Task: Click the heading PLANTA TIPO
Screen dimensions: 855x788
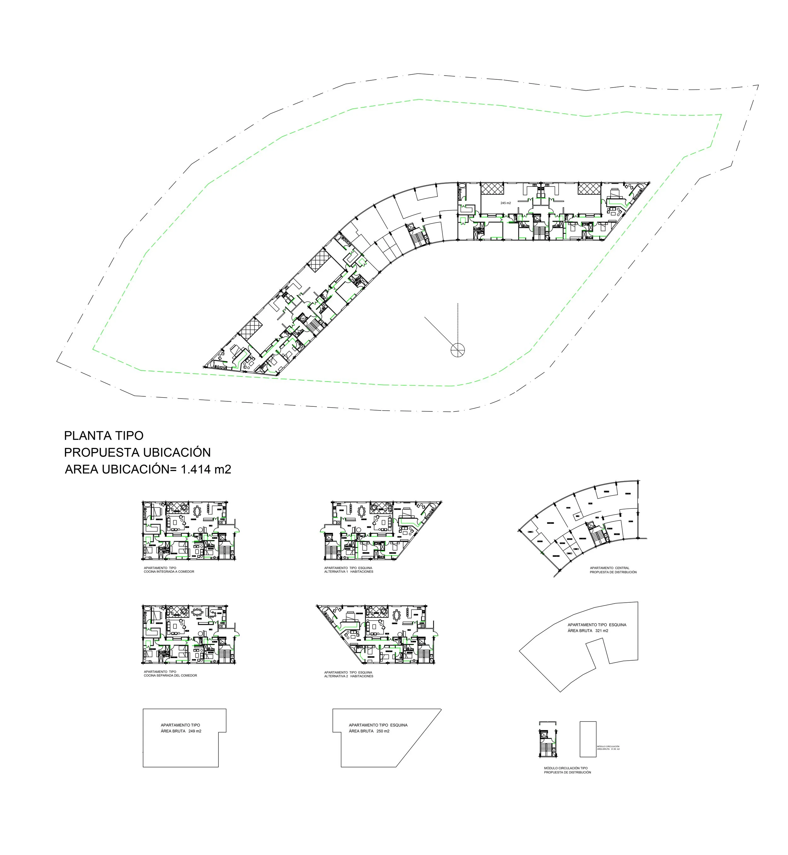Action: pyautogui.click(x=104, y=436)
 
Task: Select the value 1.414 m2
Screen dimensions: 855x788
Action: pyautogui.click(x=206, y=469)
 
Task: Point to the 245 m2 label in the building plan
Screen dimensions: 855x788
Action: pyautogui.click(x=506, y=203)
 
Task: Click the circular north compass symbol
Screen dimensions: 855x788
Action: pyautogui.click(x=458, y=351)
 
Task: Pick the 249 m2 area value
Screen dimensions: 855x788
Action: pyautogui.click(x=195, y=731)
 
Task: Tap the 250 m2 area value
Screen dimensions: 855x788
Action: pyautogui.click(x=383, y=731)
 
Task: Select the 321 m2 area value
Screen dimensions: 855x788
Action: pyautogui.click(x=602, y=631)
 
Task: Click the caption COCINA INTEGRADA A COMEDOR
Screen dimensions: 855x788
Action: pyautogui.click(x=169, y=571)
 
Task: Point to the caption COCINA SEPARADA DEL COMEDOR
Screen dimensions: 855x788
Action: pyautogui.click(x=171, y=675)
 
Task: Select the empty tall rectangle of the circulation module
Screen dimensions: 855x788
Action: pyautogui.click(x=588, y=739)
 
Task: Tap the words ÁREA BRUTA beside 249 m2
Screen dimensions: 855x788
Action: pyautogui.click(x=173, y=731)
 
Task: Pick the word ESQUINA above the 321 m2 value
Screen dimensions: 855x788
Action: pyautogui.click(x=617, y=625)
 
